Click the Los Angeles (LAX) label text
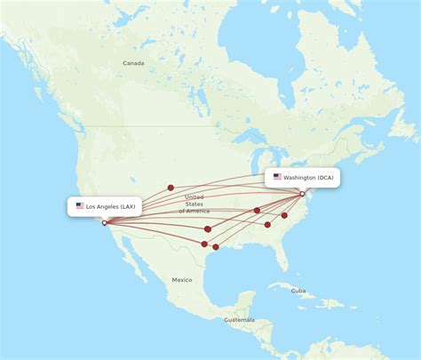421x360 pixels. (111, 206)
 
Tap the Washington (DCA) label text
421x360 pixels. (310, 177)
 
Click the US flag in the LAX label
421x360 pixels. (80, 206)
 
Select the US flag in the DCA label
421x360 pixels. (277, 177)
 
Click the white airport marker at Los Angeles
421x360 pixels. (105, 223)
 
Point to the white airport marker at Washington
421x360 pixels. (302, 194)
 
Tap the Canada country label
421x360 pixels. (133, 63)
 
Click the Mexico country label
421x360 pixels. (182, 280)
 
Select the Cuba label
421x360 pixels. (298, 291)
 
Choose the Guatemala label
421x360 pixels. (239, 320)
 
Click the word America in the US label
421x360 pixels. (198, 211)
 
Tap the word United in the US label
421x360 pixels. (194, 196)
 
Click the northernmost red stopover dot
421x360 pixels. (171, 188)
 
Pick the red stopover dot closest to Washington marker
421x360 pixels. (284, 215)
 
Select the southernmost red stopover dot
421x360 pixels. (215, 247)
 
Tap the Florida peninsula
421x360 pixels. (282, 258)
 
